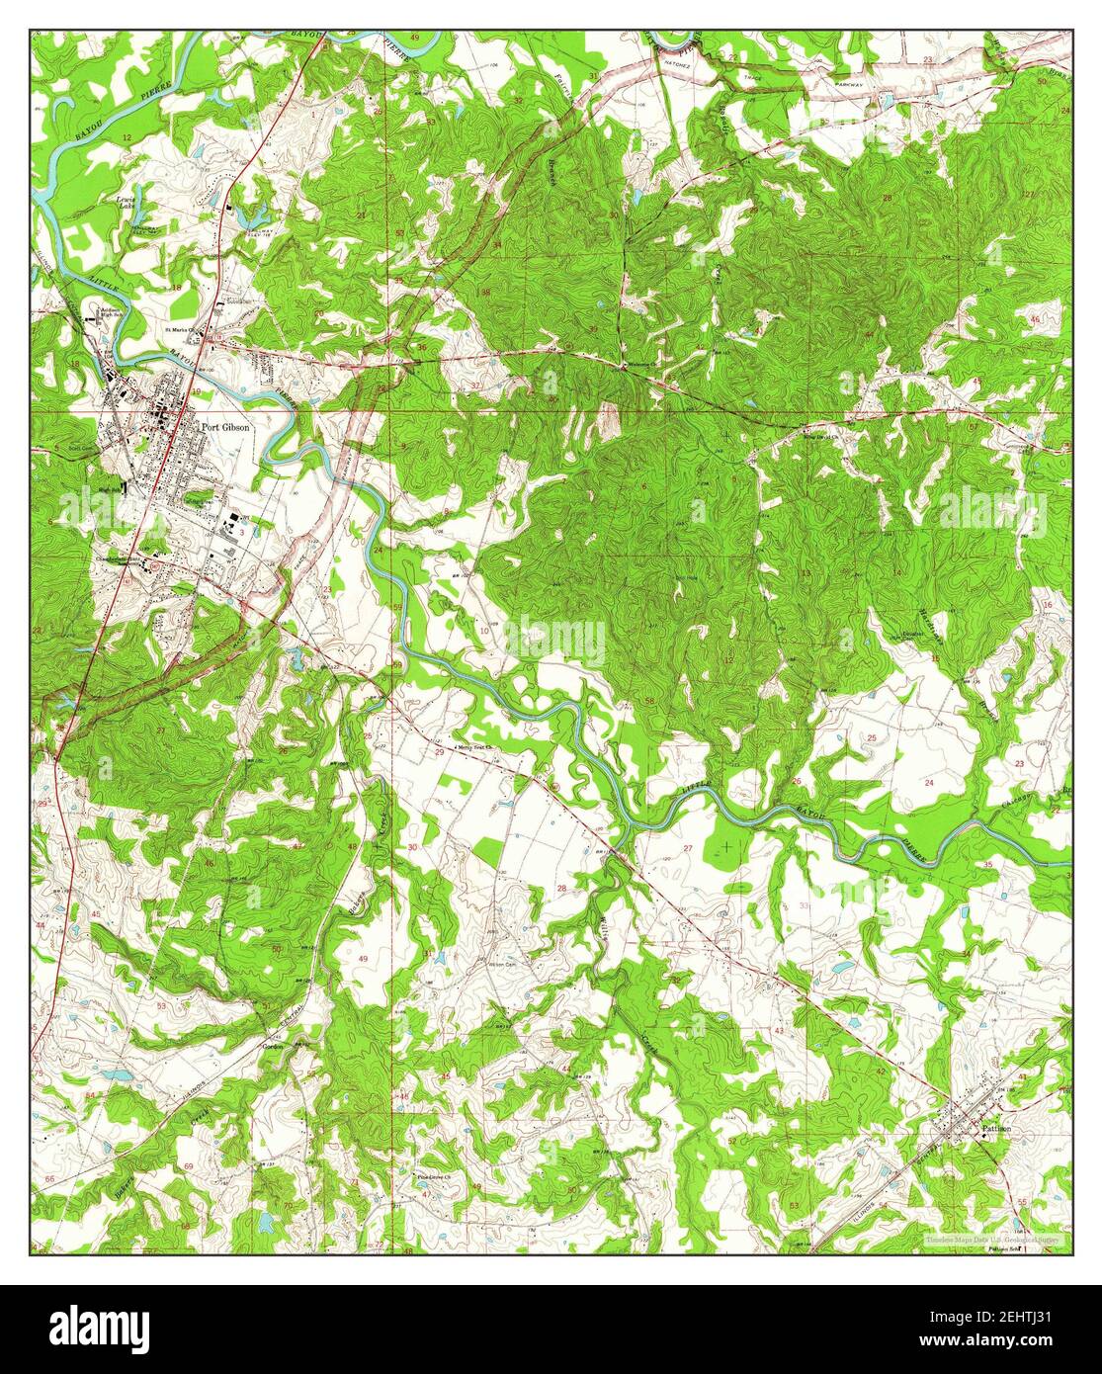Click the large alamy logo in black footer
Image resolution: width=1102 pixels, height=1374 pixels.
point(103,1325)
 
